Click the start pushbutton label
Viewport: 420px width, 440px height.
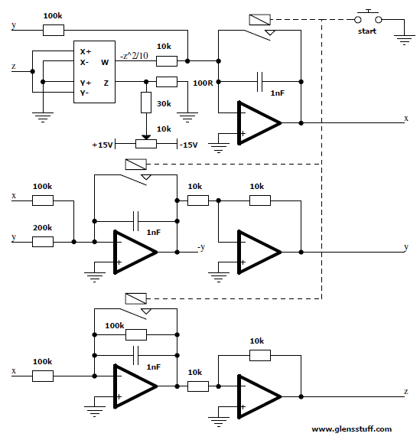(366, 31)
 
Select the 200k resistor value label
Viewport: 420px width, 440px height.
(42, 227)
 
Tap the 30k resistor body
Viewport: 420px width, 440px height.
(146, 103)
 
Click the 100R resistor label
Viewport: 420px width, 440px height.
(203, 83)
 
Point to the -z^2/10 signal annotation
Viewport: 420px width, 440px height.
(134, 56)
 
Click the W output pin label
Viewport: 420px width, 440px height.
(105, 62)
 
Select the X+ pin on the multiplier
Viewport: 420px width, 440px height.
(85, 51)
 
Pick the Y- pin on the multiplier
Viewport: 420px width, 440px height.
(84, 93)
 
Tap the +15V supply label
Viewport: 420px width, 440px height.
(103, 145)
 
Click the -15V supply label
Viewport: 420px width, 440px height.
(188, 145)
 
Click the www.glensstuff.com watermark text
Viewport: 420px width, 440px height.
(352, 429)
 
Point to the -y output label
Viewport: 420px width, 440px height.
(201, 247)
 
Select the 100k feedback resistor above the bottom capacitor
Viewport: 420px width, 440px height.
(136, 334)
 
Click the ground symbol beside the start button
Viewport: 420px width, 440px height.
(404, 40)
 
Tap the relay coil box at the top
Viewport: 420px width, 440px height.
(260, 20)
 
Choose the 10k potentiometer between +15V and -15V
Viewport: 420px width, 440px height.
(146, 144)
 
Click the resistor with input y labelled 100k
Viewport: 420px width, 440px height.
(54, 30)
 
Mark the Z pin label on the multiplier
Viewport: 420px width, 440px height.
(106, 83)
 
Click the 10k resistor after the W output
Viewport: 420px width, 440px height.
(167, 61)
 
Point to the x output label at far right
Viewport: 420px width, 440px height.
(406, 119)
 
